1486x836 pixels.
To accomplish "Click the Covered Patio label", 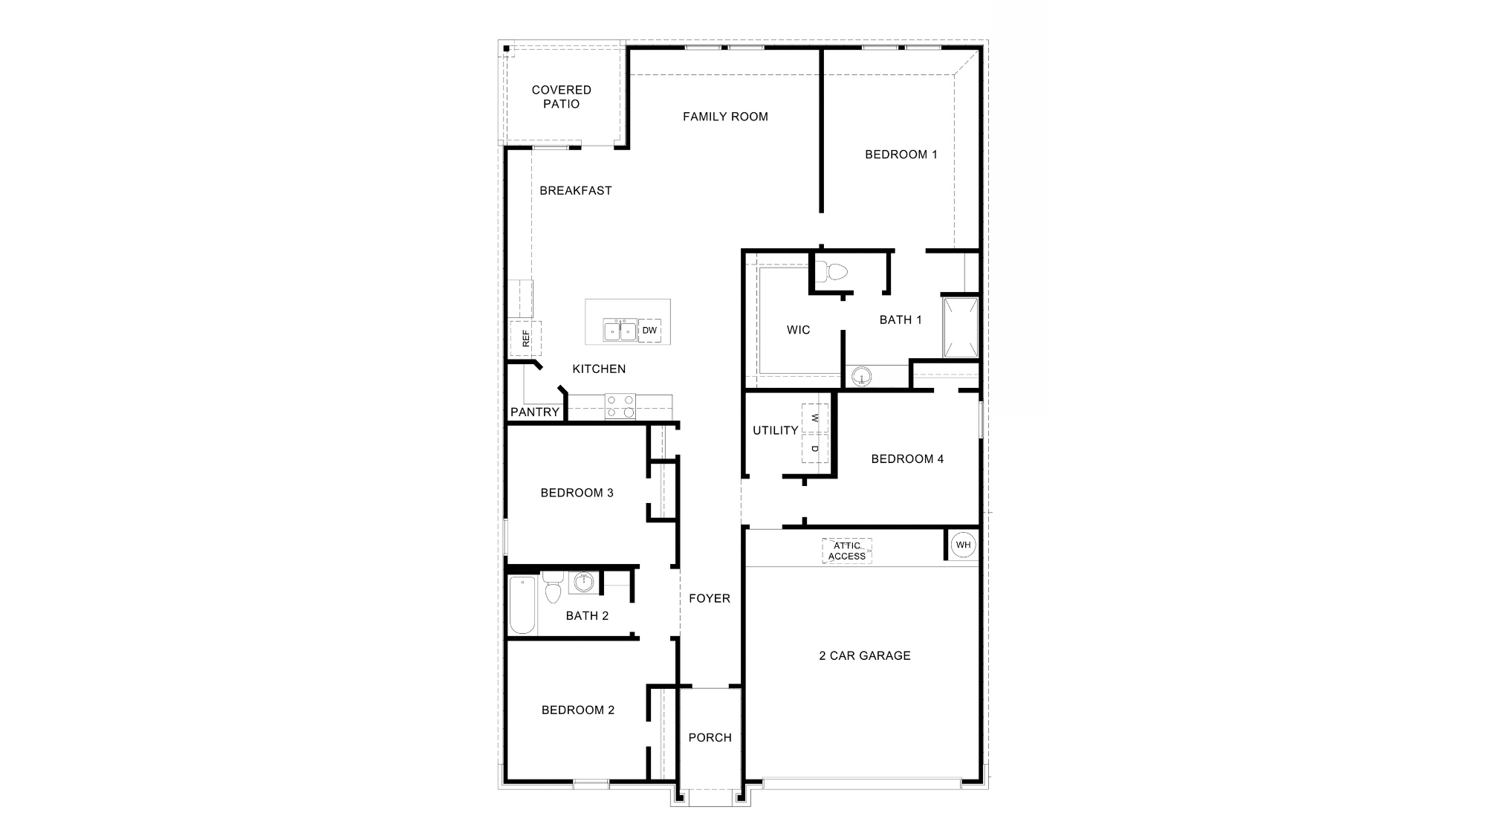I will pyautogui.click(x=561, y=97).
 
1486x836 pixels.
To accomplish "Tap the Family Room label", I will pyautogui.click(x=725, y=117).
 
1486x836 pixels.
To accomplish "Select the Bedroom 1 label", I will pyautogui.click(x=901, y=155).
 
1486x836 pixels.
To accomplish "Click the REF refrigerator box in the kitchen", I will pyautogui.click(x=525, y=339).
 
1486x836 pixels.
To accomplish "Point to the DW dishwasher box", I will pyautogui.click(x=649, y=331).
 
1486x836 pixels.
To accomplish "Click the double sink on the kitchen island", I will pyautogui.click(x=620, y=331).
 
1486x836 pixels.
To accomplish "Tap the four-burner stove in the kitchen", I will pyautogui.click(x=620, y=406).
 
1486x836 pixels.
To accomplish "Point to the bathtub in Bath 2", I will pyautogui.click(x=522, y=606).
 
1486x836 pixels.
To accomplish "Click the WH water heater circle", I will pyautogui.click(x=963, y=545).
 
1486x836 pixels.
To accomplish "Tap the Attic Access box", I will pyautogui.click(x=847, y=551).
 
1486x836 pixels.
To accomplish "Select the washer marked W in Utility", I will pyautogui.click(x=815, y=418).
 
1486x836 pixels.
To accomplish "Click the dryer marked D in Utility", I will pyautogui.click(x=815, y=449).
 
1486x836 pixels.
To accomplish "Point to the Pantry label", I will pyautogui.click(x=534, y=412).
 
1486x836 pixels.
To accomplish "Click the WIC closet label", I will pyautogui.click(x=798, y=330).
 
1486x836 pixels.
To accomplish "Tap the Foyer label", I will pyautogui.click(x=709, y=598).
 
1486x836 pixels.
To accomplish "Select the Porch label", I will pyautogui.click(x=710, y=737).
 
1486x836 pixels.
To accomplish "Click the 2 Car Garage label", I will pyautogui.click(x=864, y=655).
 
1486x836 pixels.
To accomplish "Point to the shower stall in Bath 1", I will pyautogui.click(x=960, y=328).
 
